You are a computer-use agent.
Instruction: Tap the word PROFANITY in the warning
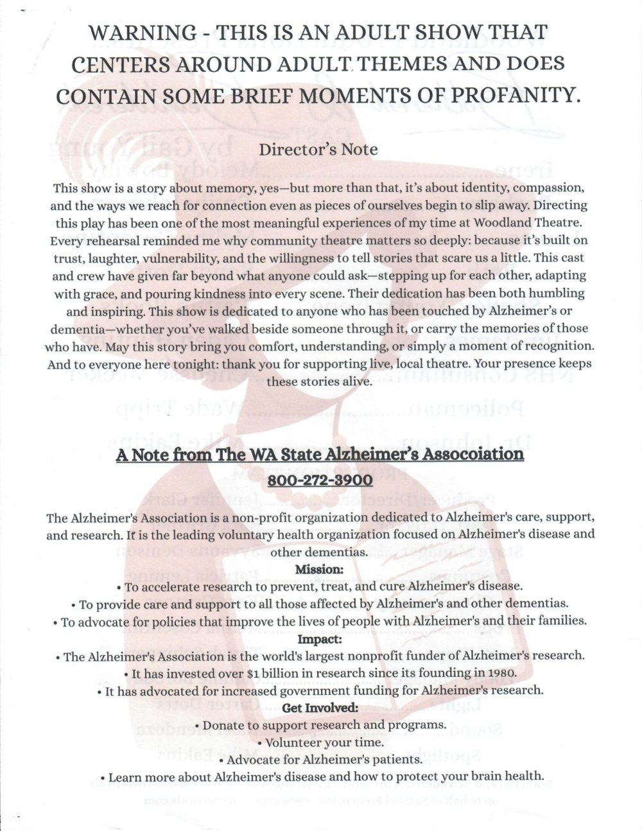510,95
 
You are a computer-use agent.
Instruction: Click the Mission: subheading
319,568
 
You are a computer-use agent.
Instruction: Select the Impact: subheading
319,640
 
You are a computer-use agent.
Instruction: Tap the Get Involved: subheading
319,708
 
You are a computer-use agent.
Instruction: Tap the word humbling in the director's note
553,292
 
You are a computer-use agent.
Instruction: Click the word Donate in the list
224,724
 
